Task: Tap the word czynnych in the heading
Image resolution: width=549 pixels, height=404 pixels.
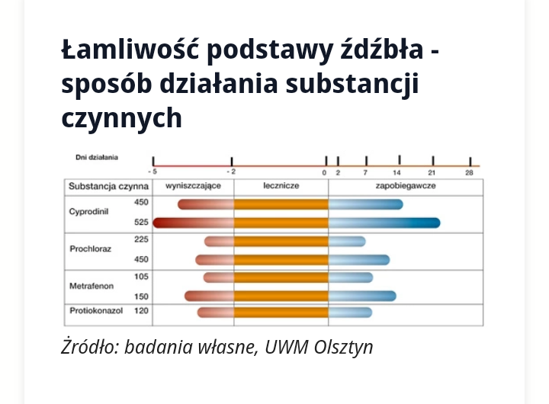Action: tap(122, 117)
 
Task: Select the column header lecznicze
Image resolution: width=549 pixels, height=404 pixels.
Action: tap(281, 186)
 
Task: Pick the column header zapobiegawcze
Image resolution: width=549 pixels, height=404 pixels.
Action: tap(405, 186)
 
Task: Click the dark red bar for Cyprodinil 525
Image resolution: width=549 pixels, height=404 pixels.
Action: tap(193, 223)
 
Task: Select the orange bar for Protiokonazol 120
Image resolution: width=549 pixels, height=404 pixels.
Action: tap(281, 312)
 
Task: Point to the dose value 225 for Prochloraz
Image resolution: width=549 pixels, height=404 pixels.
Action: tap(141, 239)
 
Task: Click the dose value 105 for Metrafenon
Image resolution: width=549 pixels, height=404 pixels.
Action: tap(141, 276)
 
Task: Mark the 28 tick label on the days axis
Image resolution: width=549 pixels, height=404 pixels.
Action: tap(469, 173)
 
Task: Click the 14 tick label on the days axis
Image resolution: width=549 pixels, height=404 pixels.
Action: tap(397, 173)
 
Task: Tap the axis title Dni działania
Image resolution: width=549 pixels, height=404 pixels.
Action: tap(97, 158)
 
